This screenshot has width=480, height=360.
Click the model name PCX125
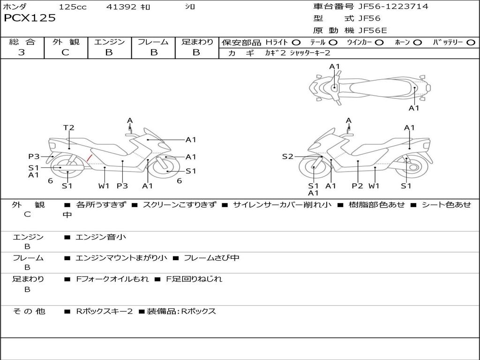tap(30, 18)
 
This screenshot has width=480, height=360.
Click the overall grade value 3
tap(22, 52)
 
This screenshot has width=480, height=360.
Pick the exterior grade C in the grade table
tap(66, 52)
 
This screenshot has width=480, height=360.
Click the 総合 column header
tap(22, 42)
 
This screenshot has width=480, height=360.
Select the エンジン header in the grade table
tap(109, 42)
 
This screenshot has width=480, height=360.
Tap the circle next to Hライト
tap(296, 43)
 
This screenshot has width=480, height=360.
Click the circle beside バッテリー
tap(471, 43)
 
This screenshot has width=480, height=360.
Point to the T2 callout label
tap(69, 127)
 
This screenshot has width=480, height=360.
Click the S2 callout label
tap(287, 157)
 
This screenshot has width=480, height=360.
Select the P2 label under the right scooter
tap(358, 186)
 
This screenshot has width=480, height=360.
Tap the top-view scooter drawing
tap(369, 87)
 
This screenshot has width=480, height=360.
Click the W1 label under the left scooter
tap(104, 186)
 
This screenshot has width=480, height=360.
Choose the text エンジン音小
tap(101, 237)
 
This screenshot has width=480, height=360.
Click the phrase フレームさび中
tap(211, 258)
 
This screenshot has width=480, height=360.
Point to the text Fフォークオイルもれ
tap(112, 279)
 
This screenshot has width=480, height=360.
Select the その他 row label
tap(29, 311)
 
